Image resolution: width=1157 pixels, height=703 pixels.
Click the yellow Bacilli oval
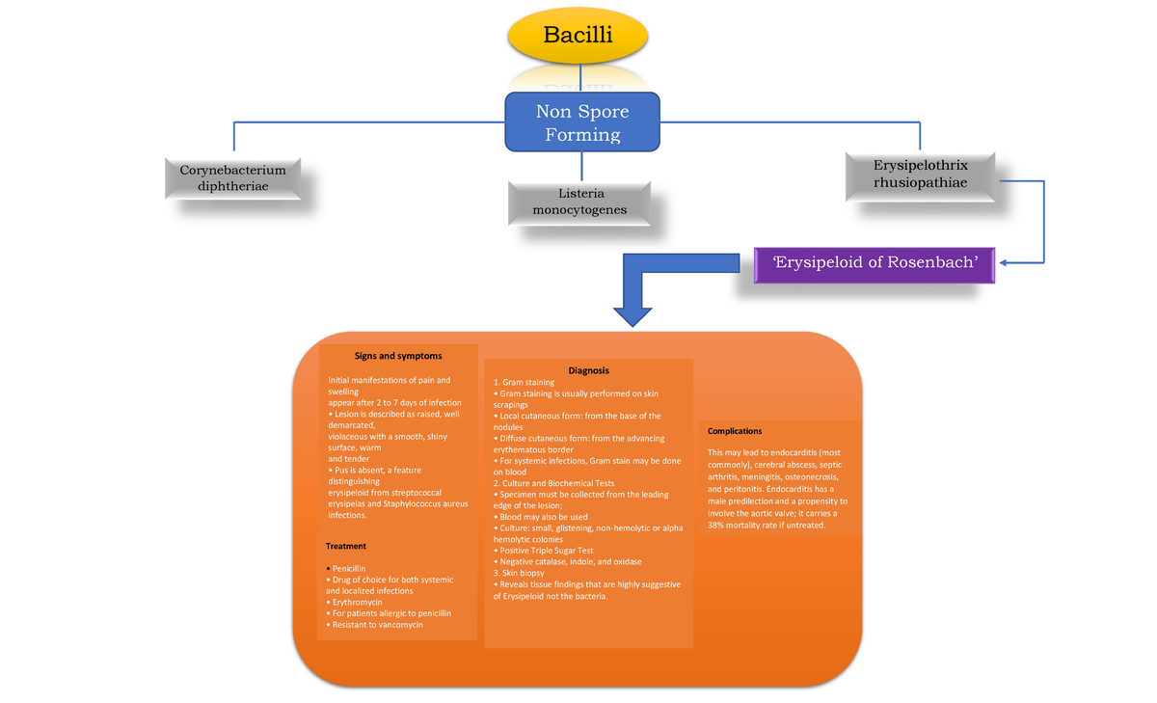point(578,35)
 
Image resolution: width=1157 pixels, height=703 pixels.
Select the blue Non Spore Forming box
point(582,122)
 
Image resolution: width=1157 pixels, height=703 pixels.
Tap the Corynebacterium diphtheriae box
point(233,178)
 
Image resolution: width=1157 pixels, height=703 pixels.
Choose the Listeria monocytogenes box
point(579,203)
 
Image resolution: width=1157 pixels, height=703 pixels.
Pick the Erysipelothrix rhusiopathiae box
point(921,176)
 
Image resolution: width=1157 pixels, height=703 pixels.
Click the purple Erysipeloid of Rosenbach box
point(874,264)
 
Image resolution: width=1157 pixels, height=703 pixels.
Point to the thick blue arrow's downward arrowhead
point(632,316)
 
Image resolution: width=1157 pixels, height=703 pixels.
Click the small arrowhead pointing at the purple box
point(1003,263)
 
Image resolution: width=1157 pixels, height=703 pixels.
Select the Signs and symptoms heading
point(398,356)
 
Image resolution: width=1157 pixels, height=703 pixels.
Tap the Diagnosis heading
point(588,370)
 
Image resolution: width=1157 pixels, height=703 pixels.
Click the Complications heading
point(735,431)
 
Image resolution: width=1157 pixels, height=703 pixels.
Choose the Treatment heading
point(345,546)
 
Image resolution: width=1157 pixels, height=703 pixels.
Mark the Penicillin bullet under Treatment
point(346,569)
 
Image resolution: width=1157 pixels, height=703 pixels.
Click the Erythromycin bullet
point(355,603)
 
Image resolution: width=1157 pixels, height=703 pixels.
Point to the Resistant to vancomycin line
point(374,625)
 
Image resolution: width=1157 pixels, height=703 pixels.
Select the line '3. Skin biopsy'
point(519,573)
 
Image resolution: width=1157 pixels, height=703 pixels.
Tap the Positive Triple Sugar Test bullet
point(544,551)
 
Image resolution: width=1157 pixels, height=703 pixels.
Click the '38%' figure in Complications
point(715,526)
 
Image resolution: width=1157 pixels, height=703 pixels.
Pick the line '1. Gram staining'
point(524,382)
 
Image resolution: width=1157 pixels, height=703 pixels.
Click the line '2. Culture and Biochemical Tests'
point(553,483)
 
